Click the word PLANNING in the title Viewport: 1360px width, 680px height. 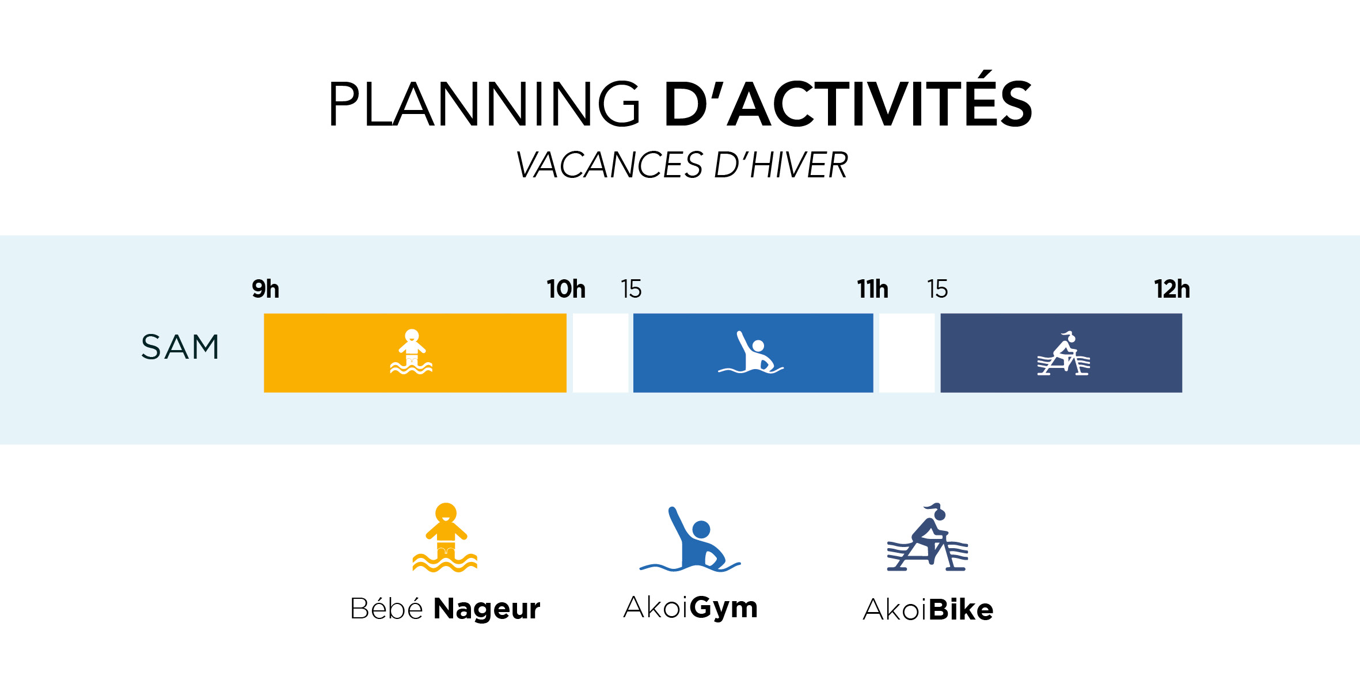484,104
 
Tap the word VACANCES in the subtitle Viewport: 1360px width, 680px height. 609,165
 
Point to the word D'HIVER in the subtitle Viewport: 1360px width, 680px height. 781,165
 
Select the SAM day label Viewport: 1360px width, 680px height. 180,347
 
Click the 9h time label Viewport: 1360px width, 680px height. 265,289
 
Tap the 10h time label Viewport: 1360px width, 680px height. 566,289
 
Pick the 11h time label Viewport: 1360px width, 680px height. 873,289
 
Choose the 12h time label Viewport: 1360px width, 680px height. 1172,289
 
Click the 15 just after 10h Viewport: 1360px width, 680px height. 631,289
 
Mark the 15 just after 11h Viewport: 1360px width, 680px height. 937,289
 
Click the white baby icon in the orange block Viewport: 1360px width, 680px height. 411,351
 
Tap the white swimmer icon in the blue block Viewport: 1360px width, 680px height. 751,352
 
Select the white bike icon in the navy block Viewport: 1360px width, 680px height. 1063,354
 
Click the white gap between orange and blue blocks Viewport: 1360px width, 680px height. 600,353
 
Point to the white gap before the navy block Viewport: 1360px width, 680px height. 907,353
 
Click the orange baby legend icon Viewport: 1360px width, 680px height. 445,537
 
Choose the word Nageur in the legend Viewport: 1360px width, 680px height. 487,609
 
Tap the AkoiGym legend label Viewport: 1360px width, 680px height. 690,608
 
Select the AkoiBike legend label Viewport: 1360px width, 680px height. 928,609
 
